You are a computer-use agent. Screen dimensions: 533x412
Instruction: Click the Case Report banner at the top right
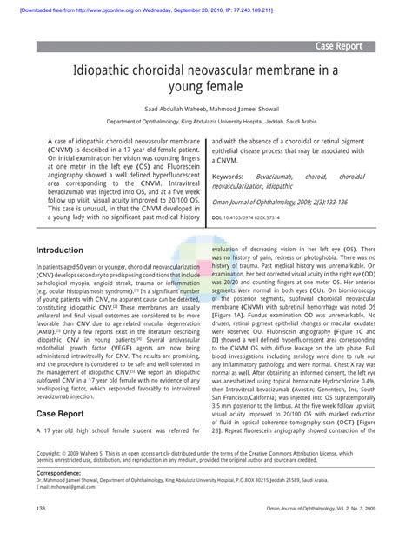(352, 45)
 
